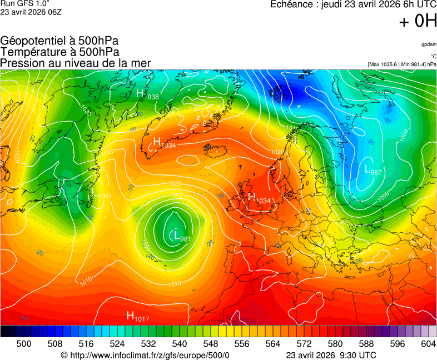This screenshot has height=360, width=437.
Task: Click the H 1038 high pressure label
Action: coord(147,94)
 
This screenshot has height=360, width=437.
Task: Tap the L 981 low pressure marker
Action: coord(182,237)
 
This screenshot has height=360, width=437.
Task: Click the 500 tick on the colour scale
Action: coord(24,344)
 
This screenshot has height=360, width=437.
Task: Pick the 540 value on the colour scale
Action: coord(180,344)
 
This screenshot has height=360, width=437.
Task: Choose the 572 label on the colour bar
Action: coord(304,344)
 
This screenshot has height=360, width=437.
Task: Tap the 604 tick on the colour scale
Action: coord(428,344)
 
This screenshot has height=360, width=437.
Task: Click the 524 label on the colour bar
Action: coord(117,344)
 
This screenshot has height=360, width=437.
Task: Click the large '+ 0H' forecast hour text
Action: coord(418,21)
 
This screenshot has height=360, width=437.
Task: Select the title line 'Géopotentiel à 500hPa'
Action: coord(59,41)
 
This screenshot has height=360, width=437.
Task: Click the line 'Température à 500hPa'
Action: coord(59,52)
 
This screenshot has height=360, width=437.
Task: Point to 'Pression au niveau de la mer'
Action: coord(76,63)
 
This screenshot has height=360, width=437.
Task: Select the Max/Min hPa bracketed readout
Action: coord(402,64)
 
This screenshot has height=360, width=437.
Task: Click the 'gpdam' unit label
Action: coord(429,44)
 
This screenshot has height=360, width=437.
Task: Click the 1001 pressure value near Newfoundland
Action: coord(104,196)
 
